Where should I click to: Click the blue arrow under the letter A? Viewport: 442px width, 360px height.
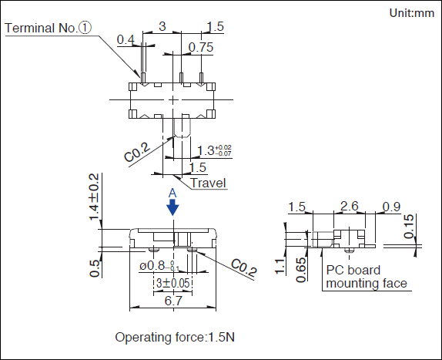point(172,207)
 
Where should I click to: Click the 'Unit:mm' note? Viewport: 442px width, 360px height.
point(411,13)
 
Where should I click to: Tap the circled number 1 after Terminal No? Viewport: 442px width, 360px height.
point(85,28)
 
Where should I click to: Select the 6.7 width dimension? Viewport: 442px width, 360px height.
point(173,301)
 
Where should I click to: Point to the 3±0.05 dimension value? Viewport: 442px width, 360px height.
point(172,283)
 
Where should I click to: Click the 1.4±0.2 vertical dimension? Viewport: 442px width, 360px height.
point(94,197)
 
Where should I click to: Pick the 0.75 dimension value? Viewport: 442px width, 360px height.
point(201,47)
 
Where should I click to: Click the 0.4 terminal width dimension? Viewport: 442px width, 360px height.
point(126,40)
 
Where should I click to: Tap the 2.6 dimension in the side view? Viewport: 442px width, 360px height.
point(350,207)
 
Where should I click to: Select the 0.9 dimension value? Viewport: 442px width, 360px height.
point(391,207)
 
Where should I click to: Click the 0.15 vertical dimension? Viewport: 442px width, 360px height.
point(409,227)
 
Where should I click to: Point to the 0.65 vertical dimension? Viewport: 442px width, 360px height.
point(301,270)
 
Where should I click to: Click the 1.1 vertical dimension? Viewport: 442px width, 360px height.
point(280,266)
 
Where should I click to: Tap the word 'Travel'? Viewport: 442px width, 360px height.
point(209,183)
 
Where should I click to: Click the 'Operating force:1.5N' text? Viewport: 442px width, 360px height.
point(175,337)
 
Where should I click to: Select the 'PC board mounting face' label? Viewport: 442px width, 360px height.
point(367,277)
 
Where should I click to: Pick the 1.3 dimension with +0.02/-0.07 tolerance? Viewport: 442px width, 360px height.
point(214,150)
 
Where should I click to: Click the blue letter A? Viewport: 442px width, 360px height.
point(172,193)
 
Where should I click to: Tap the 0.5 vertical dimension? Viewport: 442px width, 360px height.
point(95,268)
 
